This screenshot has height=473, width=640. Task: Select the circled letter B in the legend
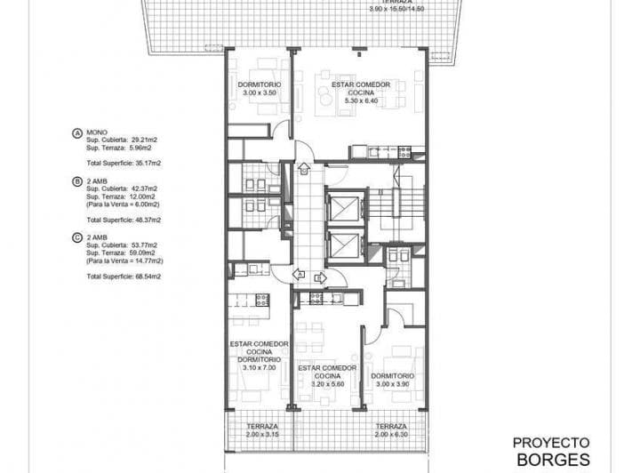coord(77,181)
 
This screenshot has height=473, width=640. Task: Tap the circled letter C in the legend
coord(77,237)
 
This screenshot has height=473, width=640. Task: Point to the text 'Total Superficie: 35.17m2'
coord(123,164)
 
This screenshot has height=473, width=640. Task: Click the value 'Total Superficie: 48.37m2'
coord(123,220)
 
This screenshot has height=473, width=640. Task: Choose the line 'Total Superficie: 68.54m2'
coord(123,277)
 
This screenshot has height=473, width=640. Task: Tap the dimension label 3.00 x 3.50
coord(258,92)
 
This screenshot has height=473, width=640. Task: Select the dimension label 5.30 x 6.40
coord(361,100)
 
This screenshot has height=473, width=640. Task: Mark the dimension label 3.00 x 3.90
coord(391,384)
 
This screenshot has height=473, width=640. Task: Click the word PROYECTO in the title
coord(552,441)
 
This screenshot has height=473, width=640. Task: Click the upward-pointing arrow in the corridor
coord(303,167)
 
